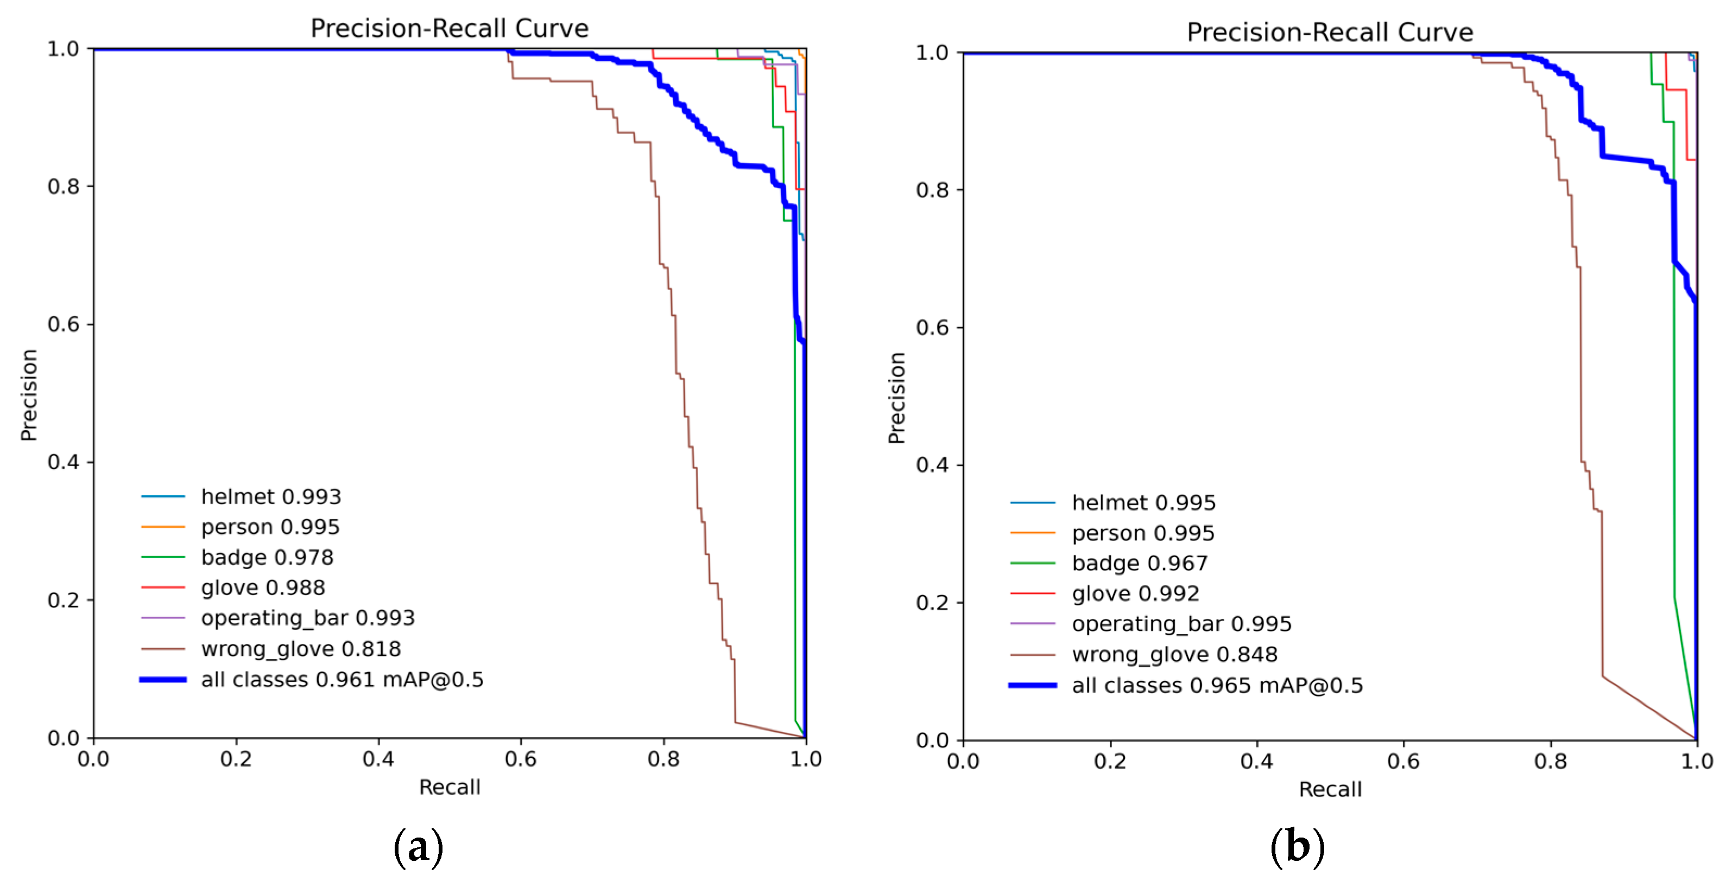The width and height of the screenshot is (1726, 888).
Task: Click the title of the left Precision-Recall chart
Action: (449, 28)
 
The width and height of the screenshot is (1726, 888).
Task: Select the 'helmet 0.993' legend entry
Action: (271, 496)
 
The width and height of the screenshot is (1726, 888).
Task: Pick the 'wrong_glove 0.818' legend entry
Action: (301, 648)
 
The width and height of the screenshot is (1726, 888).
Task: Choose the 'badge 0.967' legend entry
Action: (1139, 563)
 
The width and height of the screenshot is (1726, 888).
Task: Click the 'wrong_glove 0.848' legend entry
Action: (1174, 654)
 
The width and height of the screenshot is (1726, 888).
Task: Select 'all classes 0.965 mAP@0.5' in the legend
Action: (1217, 685)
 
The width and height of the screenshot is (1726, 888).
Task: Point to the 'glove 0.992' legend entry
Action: (1135, 593)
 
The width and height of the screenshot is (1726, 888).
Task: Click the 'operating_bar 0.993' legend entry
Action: (307, 617)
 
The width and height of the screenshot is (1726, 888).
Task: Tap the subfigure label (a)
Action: (418, 847)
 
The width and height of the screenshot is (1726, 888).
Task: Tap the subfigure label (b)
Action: (1297, 847)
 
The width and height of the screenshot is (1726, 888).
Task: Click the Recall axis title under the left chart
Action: (450, 787)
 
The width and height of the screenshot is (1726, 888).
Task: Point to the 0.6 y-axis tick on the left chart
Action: (63, 324)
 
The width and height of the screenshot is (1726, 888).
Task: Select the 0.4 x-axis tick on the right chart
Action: (1256, 762)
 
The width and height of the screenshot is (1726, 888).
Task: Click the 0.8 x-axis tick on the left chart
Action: (663, 759)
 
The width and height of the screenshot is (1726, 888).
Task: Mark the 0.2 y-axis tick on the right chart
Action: (932, 603)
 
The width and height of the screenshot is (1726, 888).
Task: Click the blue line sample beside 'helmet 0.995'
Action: (1033, 502)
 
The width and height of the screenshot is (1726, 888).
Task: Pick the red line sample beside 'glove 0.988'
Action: (163, 587)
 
